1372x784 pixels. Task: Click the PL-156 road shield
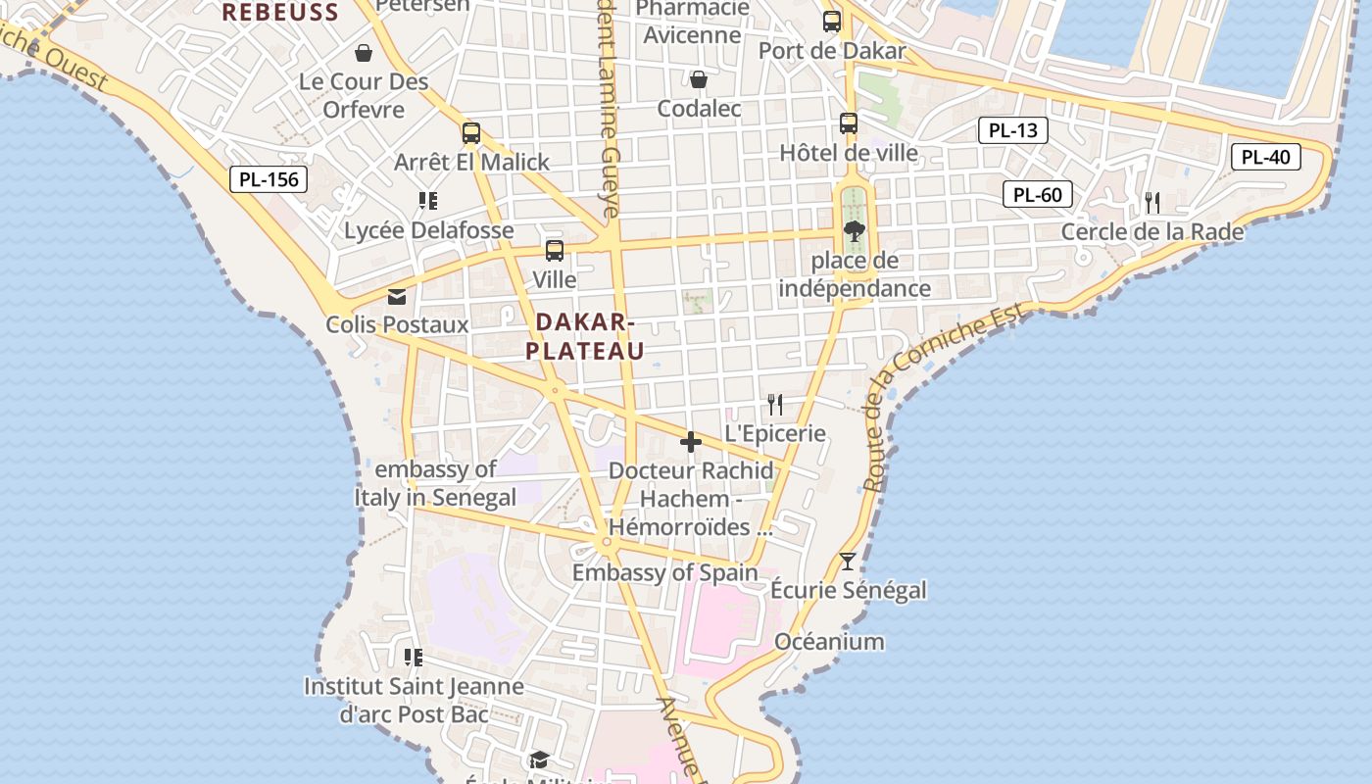coord(269,179)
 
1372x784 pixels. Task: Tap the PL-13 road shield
coord(1013,130)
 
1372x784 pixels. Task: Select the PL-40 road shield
coord(1265,157)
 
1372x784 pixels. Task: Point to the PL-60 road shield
coord(1038,194)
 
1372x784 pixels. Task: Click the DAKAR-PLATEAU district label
coord(585,336)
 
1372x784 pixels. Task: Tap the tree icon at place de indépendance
coord(854,231)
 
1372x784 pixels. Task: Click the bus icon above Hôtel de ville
coord(849,123)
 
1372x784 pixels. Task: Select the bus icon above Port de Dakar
coord(832,21)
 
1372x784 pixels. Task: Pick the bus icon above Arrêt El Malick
coord(471,133)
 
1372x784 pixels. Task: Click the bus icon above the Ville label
coord(555,251)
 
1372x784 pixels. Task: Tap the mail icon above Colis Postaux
coord(397,296)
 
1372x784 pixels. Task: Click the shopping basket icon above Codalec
coord(699,79)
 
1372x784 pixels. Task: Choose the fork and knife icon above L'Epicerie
coord(775,404)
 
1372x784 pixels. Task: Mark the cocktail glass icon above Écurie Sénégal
coord(848,562)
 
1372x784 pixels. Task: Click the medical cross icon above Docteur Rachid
coord(691,443)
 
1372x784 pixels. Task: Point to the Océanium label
coord(829,642)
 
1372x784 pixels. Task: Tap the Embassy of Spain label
coord(665,572)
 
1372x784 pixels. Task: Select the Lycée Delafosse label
coord(429,230)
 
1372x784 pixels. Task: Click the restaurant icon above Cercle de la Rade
coord(1152,203)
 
